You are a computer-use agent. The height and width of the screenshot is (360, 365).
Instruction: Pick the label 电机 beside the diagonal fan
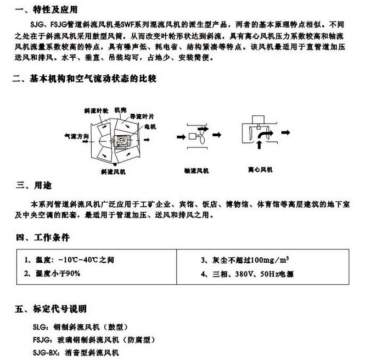pyautogui.click(x=150, y=126)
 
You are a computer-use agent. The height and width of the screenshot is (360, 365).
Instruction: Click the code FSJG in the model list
pyautogui.click(x=42, y=340)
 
